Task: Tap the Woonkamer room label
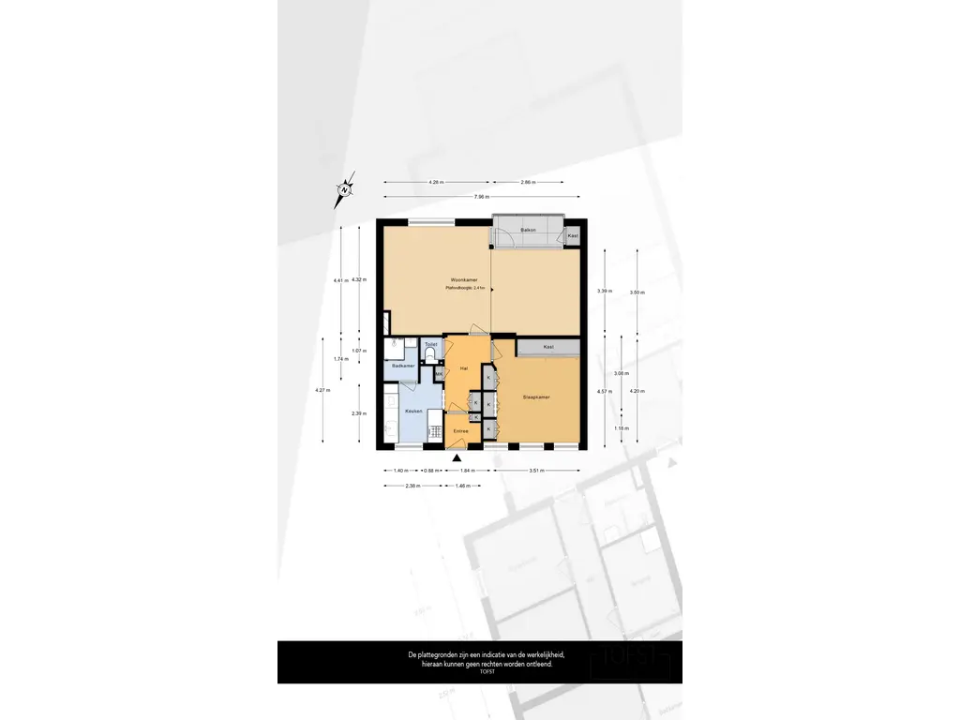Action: (x=465, y=280)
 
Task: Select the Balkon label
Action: (x=528, y=229)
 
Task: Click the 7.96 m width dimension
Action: (x=481, y=197)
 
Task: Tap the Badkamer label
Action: (x=403, y=366)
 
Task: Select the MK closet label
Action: (x=438, y=374)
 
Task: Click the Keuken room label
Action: (x=412, y=412)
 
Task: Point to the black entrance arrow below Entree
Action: (x=457, y=457)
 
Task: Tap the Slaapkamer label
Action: (x=536, y=397)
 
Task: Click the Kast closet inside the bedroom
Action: (x=548, y=348)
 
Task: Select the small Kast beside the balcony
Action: (x=573, y=235)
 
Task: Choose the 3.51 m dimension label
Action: (x=537, y=470)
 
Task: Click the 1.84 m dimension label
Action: (x=467, y=470)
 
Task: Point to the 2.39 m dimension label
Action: (x=358, y=413)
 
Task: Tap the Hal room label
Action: (x=463, y=369)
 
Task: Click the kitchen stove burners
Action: (x=434, y=432)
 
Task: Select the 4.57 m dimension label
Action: (x=605, y=391)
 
